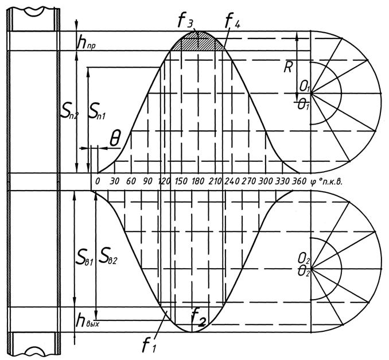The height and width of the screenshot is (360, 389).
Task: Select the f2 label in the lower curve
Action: [199, 315]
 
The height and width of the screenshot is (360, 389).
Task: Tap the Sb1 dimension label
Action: [84, 253]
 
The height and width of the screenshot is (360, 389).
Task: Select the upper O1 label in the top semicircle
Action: [304, 87]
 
